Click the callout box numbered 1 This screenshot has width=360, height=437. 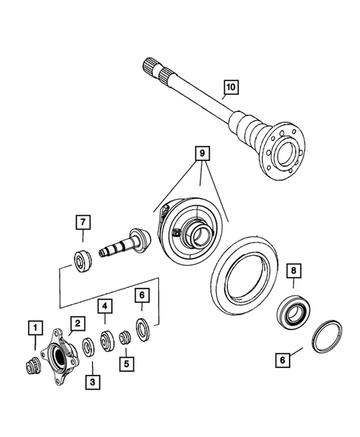point(33,325)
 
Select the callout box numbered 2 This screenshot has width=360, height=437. point(76,321)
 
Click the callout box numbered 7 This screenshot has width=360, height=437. point(82,221)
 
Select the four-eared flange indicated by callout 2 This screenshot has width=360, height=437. point(59,355)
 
